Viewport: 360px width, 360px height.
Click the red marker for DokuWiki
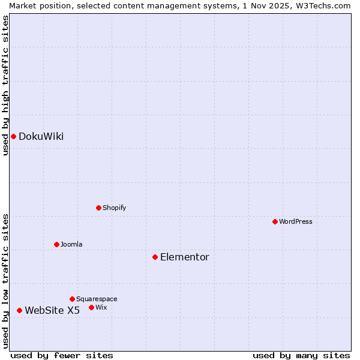(x=13, y=136)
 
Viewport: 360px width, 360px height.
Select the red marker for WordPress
(x=275, y=221)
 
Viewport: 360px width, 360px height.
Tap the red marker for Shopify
(x=98, y=208)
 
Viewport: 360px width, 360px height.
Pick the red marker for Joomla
(x=56, y=244)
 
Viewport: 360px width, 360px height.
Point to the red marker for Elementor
(x=155, y=257)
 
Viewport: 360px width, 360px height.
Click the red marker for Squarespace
(x=72, y=299)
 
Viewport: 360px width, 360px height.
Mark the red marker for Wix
(x=91, y=307)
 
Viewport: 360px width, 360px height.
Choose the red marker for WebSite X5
(x=19, y=310)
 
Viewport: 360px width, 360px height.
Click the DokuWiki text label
(x=41, y=136)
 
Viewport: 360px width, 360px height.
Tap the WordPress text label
(x=296, y=221)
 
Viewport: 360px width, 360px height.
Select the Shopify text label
(x=114, y=208)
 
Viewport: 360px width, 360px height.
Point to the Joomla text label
(x=71, y=244)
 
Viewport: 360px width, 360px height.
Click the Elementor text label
(x=185, y=257)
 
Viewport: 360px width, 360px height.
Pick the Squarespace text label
(x=97, y=299)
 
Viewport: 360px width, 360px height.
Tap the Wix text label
(x=101, y=307)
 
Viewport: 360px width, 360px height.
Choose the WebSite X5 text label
(x=52, y=310)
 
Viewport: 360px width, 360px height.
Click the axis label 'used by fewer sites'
(x=62, y=355)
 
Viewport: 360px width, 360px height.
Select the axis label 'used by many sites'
(x=301, y=355)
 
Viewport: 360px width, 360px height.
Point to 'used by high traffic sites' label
(x=5, y=85)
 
